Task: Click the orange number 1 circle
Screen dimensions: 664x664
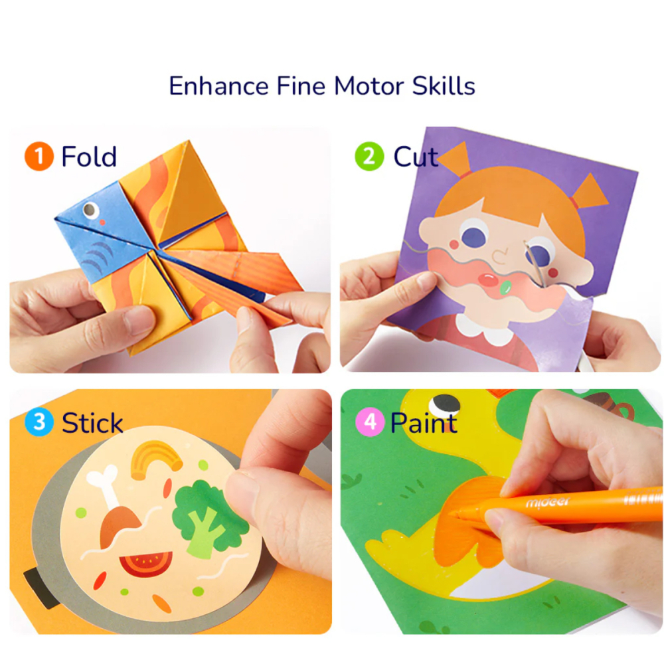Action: click(39, 157)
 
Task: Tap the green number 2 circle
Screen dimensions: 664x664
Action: click(369, 157)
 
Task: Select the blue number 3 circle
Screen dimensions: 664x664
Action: click(39, 422)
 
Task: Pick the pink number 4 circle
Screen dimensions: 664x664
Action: click(369, 422)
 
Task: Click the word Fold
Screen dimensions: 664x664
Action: click(89, 157)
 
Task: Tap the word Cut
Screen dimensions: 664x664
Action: click(416, 157)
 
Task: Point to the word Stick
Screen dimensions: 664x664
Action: click(92, 422)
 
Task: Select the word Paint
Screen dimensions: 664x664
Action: click(424, 422)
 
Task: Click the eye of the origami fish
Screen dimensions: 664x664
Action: click(91, 211)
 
